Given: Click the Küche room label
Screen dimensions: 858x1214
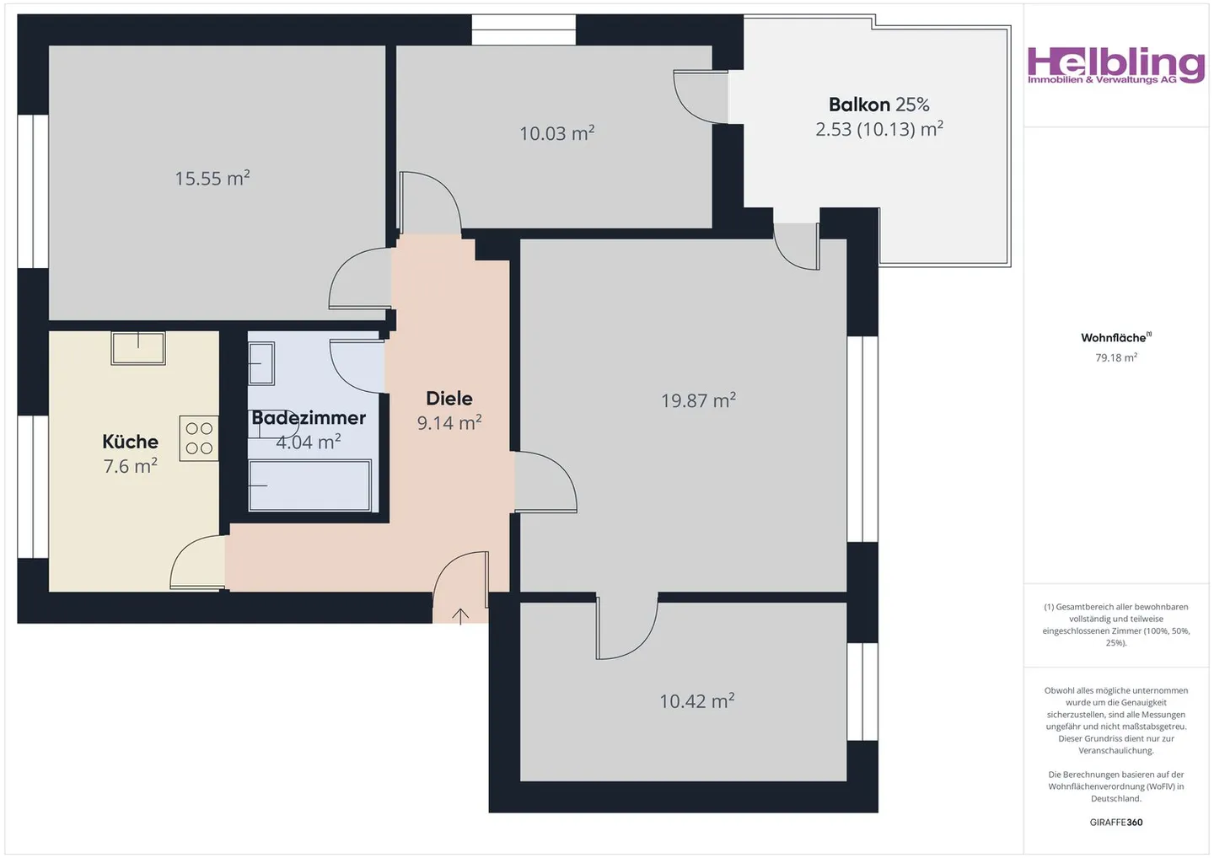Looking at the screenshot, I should click(x=130, y=442).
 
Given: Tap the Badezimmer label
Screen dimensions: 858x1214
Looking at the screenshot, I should click(x=309, y=418).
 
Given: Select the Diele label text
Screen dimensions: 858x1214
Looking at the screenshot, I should click(x=449, y=398).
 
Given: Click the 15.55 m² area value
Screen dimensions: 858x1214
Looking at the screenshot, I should click(x=212, y=179).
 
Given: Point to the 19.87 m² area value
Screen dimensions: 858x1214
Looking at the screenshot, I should click(x=698, y=400).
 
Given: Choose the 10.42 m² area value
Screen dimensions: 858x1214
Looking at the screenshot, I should click(x=696, y=701).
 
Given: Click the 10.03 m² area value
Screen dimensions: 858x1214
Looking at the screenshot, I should click(x=556, y=133).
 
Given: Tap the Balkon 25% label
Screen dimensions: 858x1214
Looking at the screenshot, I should click(x=878, y=105).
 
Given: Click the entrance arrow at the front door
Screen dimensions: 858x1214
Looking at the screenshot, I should click(x=460, y=616).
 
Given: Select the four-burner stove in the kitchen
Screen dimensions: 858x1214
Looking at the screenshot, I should click(x=199, y=438).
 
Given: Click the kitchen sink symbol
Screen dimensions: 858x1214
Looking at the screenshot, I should click(x=138, y=347).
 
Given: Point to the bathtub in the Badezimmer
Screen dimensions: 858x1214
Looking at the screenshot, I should click(x=309, y=485).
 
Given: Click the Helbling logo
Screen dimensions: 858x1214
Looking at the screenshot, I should click(x=1115, y=65).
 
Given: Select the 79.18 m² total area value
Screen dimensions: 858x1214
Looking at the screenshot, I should click(x=1115, y=358).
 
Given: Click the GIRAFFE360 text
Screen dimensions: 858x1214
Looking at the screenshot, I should click(x=1115, y=823).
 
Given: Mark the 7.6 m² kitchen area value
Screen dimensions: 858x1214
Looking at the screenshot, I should click(x=130, y=466).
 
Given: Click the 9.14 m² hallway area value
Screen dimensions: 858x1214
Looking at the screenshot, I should click(x=449, y=422).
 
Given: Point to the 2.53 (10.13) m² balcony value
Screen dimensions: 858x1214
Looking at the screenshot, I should click(x=878, y=129).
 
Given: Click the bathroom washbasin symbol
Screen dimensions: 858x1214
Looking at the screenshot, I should click(x=261, y=363).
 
